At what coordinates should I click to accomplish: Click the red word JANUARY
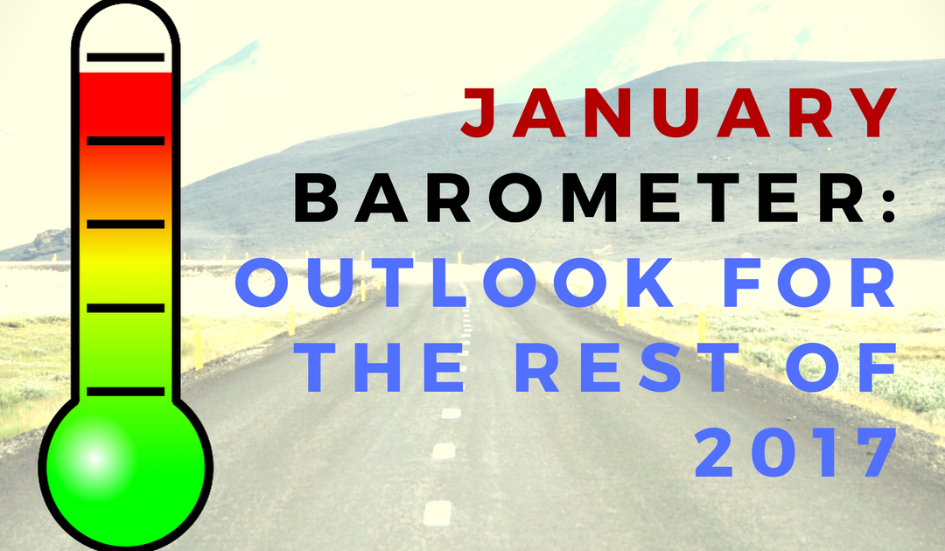679,112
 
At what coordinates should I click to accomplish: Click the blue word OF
842,367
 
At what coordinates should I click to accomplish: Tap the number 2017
795,452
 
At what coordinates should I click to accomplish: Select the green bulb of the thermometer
126,467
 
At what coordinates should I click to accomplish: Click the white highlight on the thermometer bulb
94,458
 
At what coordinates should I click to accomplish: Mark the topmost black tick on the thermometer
125,58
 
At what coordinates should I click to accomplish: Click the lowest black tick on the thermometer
125,392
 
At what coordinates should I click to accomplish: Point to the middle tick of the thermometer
125,224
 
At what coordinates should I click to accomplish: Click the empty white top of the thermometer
125,36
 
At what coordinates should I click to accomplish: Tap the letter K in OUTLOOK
649,282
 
